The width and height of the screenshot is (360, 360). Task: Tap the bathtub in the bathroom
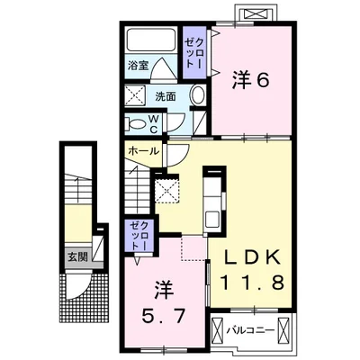pos(152,40)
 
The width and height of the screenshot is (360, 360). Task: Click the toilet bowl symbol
pos(135,121)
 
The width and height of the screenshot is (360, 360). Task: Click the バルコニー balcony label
pos(247,330)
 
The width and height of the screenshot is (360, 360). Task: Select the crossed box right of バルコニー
pos(282,329)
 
